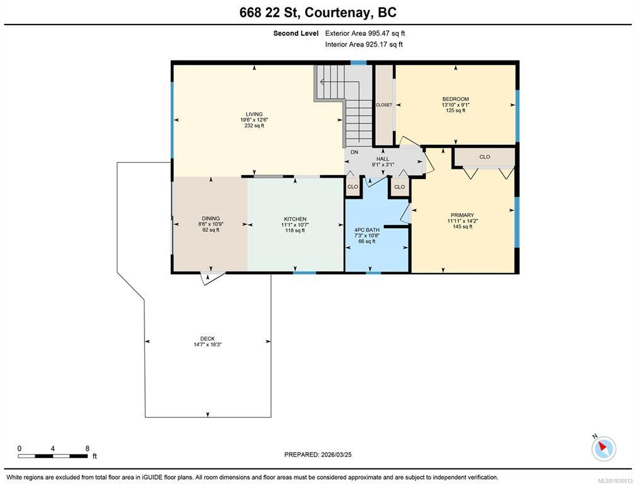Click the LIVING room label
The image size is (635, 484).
point(254,114)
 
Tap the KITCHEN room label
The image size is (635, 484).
point(295,219)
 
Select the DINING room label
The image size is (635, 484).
point(211,219)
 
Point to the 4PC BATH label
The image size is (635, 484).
point(367,230)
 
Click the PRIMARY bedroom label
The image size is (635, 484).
point(462,216)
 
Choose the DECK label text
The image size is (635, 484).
point(207,338)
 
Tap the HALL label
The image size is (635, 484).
point(383,159)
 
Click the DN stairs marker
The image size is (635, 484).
point(354,152)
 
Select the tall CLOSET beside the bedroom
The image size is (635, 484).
point(384,105)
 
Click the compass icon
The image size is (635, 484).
point(603,448)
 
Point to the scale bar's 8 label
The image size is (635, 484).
point(88,448)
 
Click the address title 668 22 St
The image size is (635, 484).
point(269,13)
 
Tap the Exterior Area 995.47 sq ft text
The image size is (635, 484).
point(365,33)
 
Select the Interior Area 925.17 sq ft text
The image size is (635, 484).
point(364,45)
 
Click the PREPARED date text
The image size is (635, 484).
point(318,454)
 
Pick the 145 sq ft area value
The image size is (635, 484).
point(462,227)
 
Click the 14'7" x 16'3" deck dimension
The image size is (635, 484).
point(207,345)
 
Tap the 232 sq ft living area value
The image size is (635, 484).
point(254,125)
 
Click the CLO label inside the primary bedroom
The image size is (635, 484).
point(485,157)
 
